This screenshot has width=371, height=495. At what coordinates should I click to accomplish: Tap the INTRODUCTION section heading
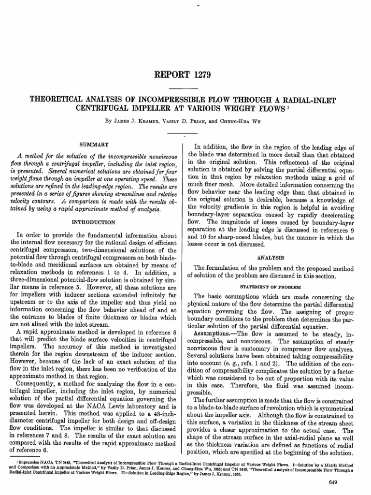tap(93, 222)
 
